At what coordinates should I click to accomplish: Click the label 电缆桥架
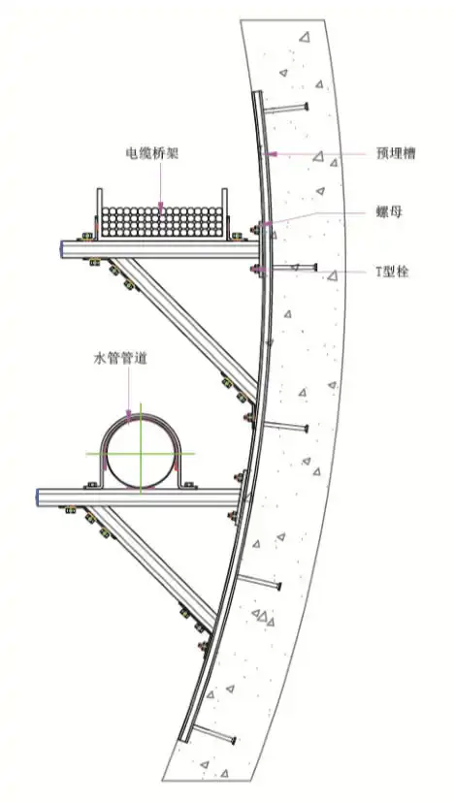(x=152, y=153)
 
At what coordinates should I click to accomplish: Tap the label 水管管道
(x=120, y=359)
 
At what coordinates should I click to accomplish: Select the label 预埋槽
(x=396, y=153)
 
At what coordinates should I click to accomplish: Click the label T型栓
(x=393, y=272)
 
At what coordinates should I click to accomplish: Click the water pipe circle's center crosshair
(x=141, y=453)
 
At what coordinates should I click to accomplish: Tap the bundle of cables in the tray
(x=161, y=222)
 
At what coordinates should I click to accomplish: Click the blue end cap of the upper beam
(x=61, y=249)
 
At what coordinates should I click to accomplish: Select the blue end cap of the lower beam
(x=37, y=498)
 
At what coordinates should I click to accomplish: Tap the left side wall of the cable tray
(x=99, y=213)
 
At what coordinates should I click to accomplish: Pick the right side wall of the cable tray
(x=224, y=213)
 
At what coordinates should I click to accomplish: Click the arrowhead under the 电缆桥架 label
(x=160, y=208)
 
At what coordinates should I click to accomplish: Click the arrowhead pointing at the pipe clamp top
(x=129, y=415)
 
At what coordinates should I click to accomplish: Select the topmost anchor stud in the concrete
(x=286, y=108)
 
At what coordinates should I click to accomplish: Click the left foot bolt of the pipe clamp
(x=92, y=485)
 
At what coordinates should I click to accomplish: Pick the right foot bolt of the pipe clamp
(x=188, y=485)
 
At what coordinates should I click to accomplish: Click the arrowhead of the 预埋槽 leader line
(x=272, y=153)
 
